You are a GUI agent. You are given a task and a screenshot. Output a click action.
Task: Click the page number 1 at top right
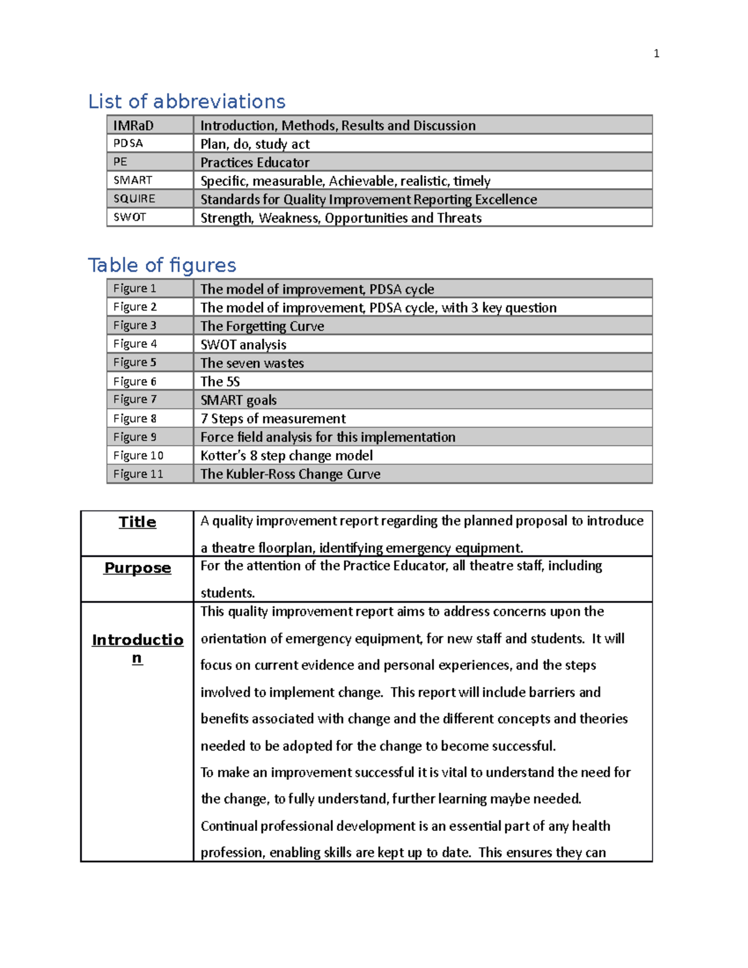pyautogui.click(x=656, y=54)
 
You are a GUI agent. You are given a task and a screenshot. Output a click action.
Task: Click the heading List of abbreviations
pyautogui.click(x=186, y=101)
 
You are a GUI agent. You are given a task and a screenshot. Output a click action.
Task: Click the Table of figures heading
pyautogui.click(x=162, y=265)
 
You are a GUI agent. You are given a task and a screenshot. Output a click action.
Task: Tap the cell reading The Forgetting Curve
pyautogui.click(x=262, y=326)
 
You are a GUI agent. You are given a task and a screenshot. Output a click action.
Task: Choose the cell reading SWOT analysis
pyautogui.click(x=243, y=345)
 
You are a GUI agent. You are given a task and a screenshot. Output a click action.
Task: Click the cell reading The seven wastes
pyautogui.click(x=252, y=363)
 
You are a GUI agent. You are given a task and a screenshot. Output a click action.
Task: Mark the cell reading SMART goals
pyautogui.click(x=238, y=400)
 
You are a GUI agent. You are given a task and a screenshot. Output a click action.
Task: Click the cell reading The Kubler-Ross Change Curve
pyautogui.click(x=290, y=474)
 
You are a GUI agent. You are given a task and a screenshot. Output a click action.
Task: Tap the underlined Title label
pyautogui.click(x=137, y=522)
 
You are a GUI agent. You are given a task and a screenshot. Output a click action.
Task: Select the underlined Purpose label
pyautogui.click(x=137, y=568)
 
